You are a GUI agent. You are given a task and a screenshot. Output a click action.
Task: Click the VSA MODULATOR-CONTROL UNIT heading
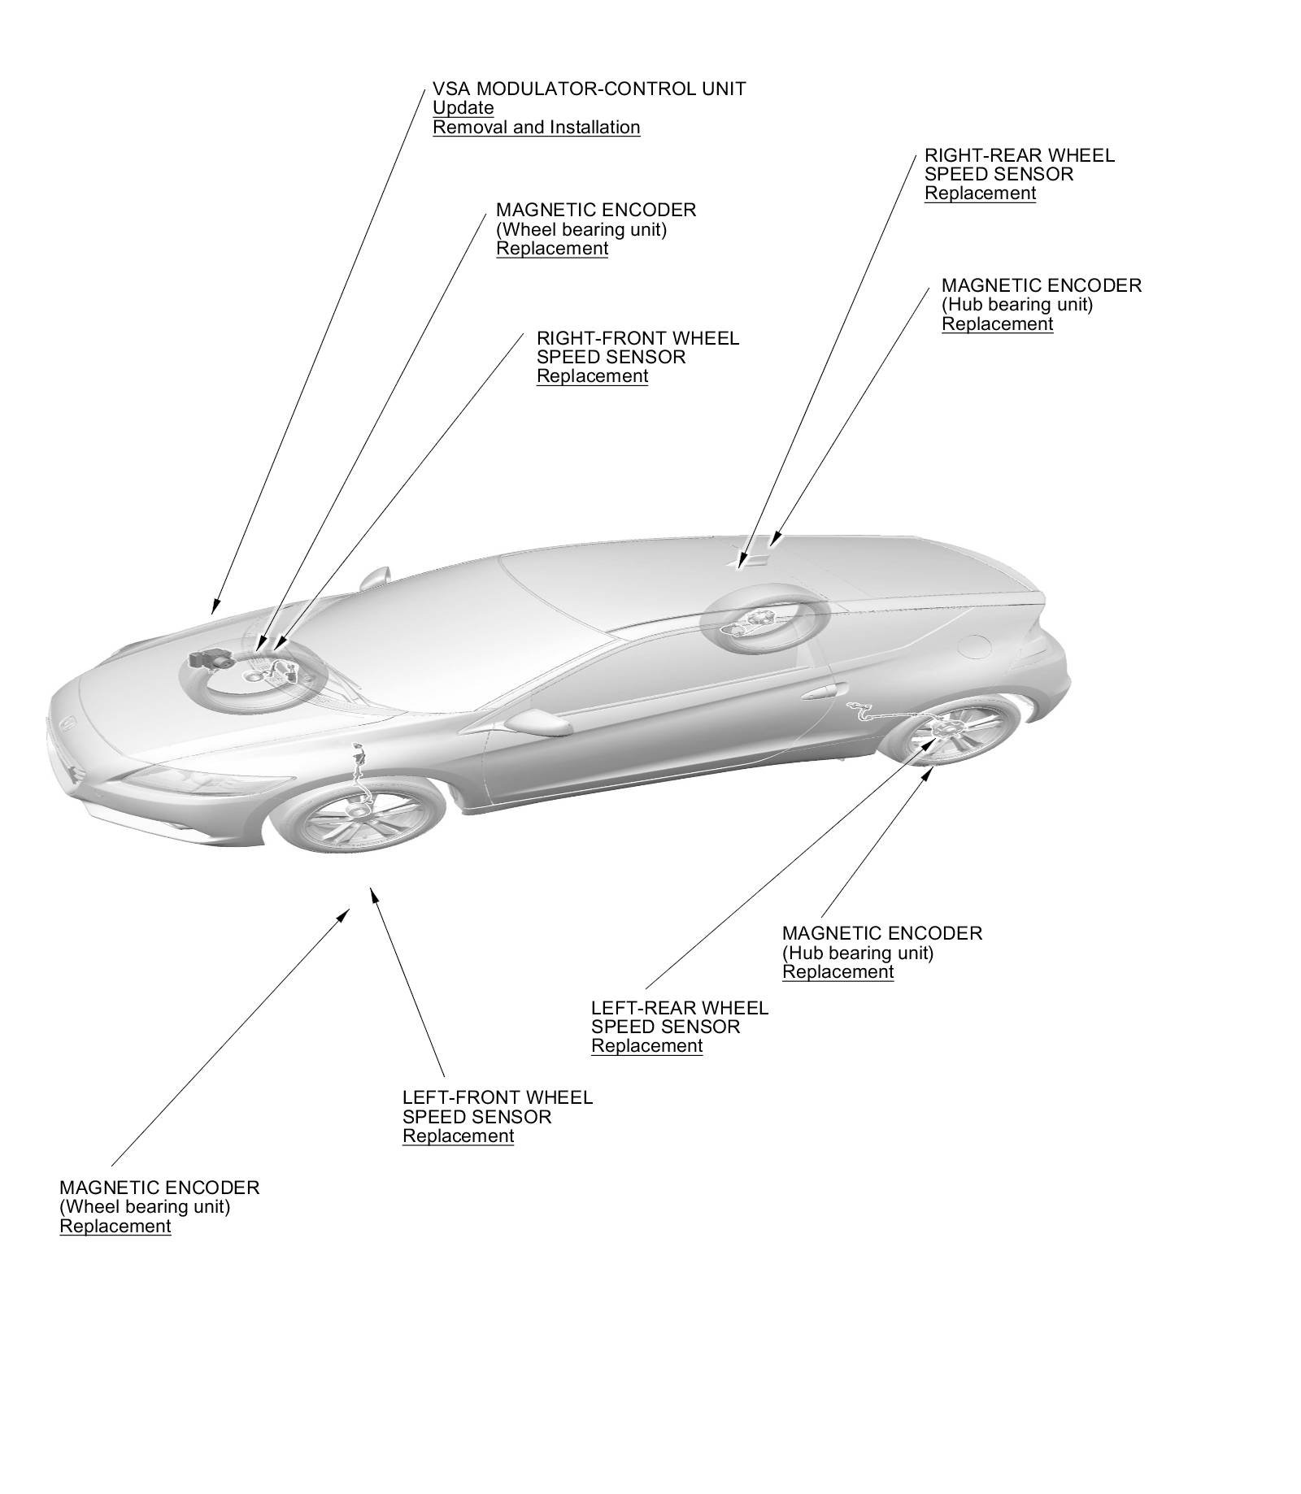click(x=589, y=89)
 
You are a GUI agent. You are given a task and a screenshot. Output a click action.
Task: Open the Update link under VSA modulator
click(x=463, y=108)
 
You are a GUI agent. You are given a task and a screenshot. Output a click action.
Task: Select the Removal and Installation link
click(x=536, y=128)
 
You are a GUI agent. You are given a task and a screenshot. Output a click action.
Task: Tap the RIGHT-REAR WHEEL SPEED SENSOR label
click(x=1019, y=164)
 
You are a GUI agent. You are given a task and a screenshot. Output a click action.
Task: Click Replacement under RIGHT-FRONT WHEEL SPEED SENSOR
click(x=592, y=376)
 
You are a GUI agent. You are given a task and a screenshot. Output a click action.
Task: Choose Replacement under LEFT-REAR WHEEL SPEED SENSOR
click(x=646, y=1046)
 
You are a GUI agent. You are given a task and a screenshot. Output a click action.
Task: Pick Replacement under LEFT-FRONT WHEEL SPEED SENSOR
click(x=458, y=1136)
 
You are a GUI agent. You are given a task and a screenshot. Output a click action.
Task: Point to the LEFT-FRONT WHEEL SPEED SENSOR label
click(x=497, y=1107)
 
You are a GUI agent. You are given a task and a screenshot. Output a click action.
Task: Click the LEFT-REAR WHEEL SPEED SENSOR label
click(x=679, y=1017)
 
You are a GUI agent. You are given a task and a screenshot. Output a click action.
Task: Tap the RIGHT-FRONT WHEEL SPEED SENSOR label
click(x=637, y=347)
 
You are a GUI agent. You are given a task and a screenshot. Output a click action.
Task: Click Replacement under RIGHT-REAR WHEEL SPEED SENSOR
click(x=980, y=193)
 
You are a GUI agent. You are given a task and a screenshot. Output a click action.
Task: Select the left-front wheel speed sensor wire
click(x=358, y=768)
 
